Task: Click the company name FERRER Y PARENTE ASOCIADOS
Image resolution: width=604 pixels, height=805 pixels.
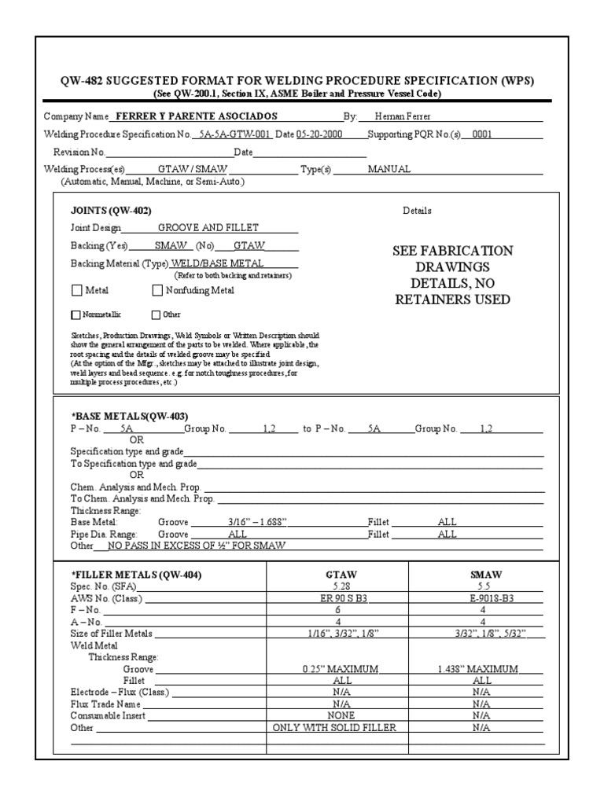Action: coord(197,116)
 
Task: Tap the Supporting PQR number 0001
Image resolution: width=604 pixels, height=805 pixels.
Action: coord(481,134)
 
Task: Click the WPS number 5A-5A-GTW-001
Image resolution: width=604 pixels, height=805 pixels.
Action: coord(235,134)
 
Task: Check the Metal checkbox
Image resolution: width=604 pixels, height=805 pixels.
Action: coord(76,290)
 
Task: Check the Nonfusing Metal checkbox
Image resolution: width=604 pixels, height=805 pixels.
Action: coord(157,290)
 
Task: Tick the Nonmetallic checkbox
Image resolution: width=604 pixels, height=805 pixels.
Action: coord(75,315)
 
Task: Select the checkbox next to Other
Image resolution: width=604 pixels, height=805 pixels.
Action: coord(155,315)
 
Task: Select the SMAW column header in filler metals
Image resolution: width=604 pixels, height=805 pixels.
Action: coord(485,575)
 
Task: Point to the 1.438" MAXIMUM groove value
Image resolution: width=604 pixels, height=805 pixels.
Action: coord(477,669)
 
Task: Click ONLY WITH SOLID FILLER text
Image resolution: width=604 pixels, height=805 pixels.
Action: coord(334,728)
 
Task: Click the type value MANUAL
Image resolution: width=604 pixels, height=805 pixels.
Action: coord(384,170)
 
